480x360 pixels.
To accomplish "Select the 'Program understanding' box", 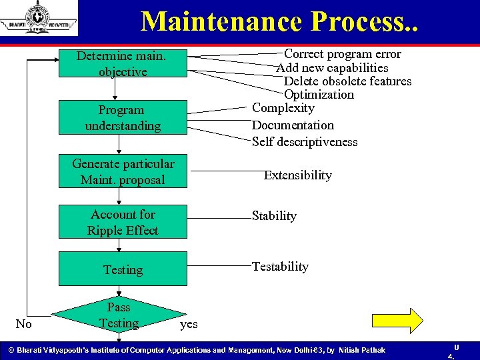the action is (x=123, y=117).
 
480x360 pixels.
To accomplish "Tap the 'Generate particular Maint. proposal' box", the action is (x=123, y=171).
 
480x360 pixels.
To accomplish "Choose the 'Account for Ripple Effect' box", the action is (x=123, y=222).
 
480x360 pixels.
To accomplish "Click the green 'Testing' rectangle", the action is (x=123, y=269).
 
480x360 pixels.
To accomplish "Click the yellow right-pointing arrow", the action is (x=407, y=320).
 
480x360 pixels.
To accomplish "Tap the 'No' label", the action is (x=23, y=324).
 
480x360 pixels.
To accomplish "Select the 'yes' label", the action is (x=189, y=324).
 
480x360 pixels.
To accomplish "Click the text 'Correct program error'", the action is (x=343, y=54).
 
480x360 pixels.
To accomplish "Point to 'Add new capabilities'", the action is (x=333, y=67).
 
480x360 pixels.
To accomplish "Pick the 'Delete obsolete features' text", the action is (x=347, y=81).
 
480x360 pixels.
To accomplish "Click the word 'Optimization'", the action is (x=319, y=95).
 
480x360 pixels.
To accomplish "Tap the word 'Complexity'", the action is (x=283, y=108).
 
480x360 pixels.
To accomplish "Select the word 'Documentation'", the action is (x=293, y=125).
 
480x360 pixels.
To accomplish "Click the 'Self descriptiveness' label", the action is (x=305, y=141).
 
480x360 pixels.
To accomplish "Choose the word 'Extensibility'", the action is (x=297, y=175).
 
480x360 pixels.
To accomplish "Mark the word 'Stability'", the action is (x=274, y=216).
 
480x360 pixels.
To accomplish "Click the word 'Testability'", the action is (x=280, y=267).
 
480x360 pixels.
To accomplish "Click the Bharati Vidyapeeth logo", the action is (x=39, y=19).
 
